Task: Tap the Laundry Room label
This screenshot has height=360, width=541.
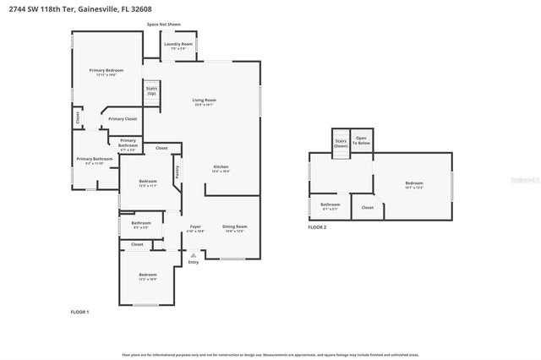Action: (178, 45)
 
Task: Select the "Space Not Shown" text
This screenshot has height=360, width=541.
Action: (164, 25)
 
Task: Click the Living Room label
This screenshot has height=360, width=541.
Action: (204, 101)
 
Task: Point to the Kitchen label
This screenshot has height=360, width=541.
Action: (221, 169)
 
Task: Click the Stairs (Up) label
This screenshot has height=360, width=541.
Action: (151, 90)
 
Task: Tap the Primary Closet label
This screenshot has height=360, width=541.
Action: (122, 119)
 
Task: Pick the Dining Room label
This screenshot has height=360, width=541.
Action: (234, 228)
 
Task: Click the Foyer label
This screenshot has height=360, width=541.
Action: (195, 228)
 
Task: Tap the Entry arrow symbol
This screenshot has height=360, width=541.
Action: (194, 254)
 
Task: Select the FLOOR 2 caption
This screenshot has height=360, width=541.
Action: (317, 227)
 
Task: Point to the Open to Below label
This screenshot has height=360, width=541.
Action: (362, 141)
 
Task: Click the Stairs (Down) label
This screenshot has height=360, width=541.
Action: (341, 143)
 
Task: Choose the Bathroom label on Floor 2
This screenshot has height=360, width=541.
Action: (330, 205)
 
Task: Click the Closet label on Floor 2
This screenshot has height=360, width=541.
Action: (368, 207)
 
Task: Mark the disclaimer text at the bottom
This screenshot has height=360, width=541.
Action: (270, 354)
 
